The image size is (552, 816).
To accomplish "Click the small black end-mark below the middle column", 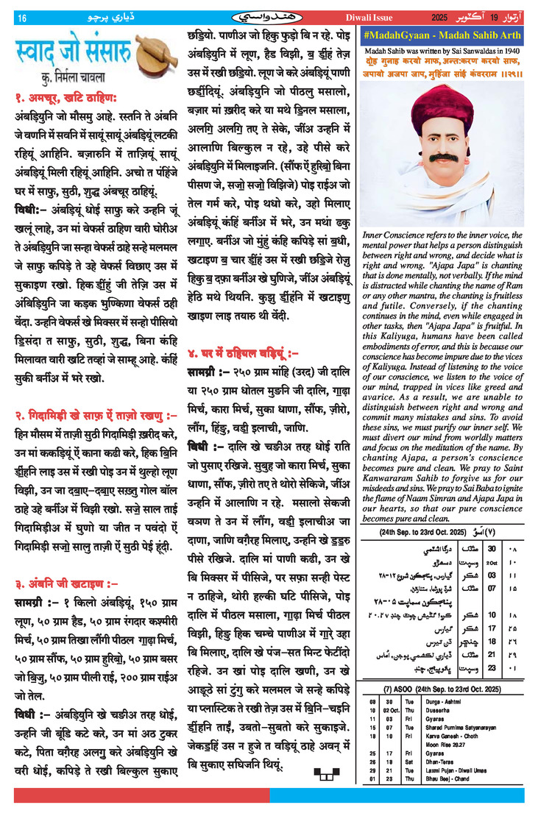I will (x=323, y=773).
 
